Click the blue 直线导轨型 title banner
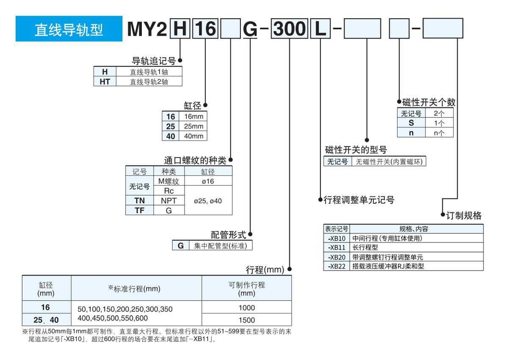(x=69, y=29)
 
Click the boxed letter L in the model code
(x=321, y=29)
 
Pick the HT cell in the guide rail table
(x=105, y=82)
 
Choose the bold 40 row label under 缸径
(x=171, y=136)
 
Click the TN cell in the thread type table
(x=139, y=201)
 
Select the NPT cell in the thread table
(x=169, y=201)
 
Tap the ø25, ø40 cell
(x=209, y=201)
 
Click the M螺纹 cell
(x=169, y=181)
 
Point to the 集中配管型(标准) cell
(x=220, y=246)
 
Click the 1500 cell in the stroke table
(x=247, y=320)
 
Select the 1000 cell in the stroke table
(x=247, y=308)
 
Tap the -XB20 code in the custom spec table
(x=337, y=257)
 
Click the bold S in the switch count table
(x=411, y=123)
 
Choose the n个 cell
(x=439, y=133)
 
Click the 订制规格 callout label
(x=464, y=216)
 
